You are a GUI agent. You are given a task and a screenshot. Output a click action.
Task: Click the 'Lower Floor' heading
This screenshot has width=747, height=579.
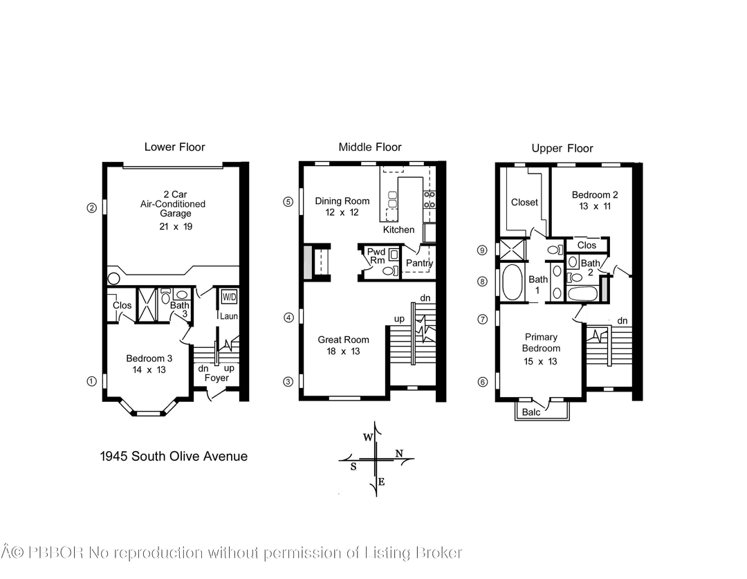(174, 147)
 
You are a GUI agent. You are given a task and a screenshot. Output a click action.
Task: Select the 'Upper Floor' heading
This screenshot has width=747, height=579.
(562, 148)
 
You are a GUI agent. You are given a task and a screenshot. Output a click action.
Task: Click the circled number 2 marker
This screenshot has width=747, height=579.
(91, 207)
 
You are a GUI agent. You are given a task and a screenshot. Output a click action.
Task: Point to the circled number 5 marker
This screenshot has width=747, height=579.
(288, 201)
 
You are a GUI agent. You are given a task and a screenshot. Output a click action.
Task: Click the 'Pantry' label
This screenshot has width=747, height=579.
(419, 264)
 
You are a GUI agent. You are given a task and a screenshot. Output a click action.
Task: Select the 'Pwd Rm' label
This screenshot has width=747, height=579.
(376, 256)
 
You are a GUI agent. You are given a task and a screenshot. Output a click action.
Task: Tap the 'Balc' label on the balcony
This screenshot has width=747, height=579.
(532, 412)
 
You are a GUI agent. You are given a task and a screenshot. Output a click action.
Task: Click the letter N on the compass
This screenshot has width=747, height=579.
(399, 453)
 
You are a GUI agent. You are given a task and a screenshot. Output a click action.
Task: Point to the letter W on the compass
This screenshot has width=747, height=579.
(368, 437)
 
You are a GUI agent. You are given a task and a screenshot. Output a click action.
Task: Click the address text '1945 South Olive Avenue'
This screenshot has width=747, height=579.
(174, 456)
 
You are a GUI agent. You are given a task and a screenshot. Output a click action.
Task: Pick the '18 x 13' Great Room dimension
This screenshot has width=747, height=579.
(343, 351)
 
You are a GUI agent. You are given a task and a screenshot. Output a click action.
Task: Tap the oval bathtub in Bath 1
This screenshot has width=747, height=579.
(513, 283)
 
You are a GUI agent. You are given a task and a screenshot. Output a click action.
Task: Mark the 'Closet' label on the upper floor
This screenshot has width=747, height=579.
(524, 202)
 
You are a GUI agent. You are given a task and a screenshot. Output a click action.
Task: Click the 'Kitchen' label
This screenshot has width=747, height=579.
(399, 230)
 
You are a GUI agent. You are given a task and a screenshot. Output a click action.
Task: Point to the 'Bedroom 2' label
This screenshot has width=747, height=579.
(595, 195)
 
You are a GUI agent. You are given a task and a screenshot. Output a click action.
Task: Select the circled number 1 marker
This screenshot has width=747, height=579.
(91, 380)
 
